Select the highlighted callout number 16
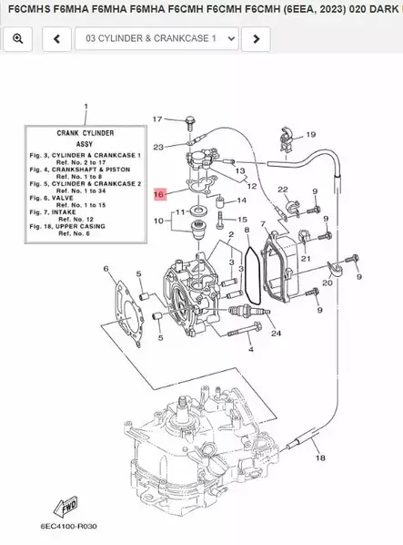[x=158, y=194]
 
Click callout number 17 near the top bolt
[x=156, y=119]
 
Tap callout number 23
[x=158, y=147]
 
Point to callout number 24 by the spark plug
[x=276, y=333]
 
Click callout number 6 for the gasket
[x=106, y=269]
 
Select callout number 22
[x=282, y=190]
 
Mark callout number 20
[x=327, y=283]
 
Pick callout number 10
[x=158, y=221]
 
